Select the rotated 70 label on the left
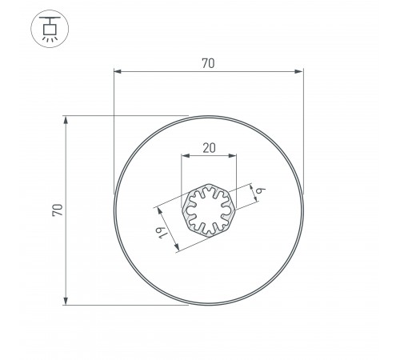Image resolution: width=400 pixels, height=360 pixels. pyautogui.click(x=56, y=210)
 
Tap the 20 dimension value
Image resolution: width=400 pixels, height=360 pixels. pyautogui.click(x=209, y=146)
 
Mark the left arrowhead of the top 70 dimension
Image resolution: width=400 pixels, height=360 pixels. pyautogui.click(x=117, y=73)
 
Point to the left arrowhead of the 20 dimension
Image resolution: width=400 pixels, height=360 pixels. pyautogui.click(x=185, y=156)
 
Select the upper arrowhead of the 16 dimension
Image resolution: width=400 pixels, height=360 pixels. pyautogui.click(x=159, y=211)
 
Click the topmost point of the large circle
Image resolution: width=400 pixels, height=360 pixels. pyautogui.click(x=209, y=117)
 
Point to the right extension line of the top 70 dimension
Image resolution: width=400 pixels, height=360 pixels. pyautogui.click(x=303, y=120)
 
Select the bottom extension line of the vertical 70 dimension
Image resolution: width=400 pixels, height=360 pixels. pyautogui.click(x=120, y=304)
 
